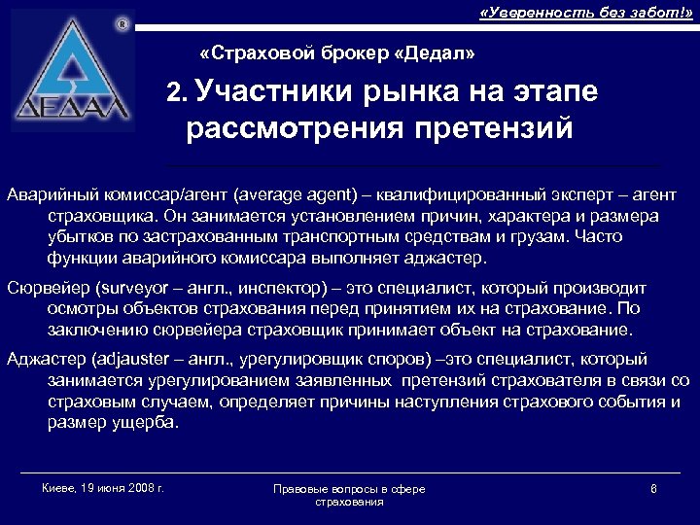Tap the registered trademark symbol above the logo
tap(121, 21)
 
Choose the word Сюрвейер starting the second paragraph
tap(40, 289)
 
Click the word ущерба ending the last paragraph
tap(143, 423)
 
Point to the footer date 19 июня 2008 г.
tap(116, 487)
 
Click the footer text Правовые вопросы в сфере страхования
tap(349, 495)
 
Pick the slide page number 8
tap(653, 488)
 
